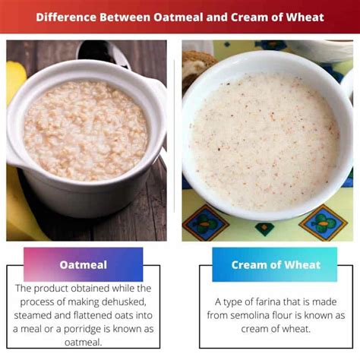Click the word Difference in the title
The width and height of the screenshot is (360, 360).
[x=66, y=17]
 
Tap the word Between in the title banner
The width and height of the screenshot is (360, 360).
[x=125, y=17]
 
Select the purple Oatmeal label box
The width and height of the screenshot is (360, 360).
[x=84, y=264]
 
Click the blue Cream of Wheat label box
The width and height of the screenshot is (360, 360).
[x=275, y=264]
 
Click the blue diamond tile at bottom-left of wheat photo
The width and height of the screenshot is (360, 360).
[x=206, y=223]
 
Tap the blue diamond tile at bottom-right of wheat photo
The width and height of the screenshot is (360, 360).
[x=324, y=223]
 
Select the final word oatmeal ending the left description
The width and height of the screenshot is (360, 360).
[x=84, y=343]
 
